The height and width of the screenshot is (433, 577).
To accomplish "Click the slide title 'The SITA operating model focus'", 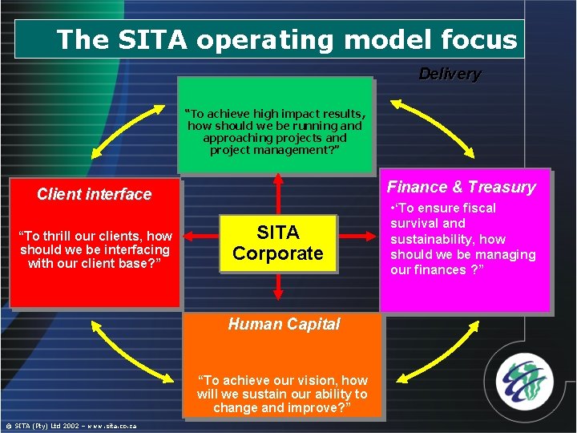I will (x=287, y=39).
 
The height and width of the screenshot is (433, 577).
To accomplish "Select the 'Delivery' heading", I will (x=450, y=75).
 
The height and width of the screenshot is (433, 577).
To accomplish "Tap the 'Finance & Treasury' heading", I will (x=461, y=187).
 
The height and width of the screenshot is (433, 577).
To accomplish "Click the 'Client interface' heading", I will (x=94, y=194).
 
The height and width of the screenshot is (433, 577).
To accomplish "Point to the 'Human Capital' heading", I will (x=284, y=324).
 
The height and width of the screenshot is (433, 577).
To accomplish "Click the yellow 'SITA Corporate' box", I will (x=278, y=243).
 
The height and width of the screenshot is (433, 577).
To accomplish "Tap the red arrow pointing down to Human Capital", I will (x=277, y=285).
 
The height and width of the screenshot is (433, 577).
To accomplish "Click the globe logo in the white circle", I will (x=523, y=377).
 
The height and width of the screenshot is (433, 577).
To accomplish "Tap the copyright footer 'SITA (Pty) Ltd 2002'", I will (x=71, y=426).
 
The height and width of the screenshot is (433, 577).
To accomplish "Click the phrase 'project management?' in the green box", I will (x=275, y=150).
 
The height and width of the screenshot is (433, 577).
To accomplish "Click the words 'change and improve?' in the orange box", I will (x=282, y=408).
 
